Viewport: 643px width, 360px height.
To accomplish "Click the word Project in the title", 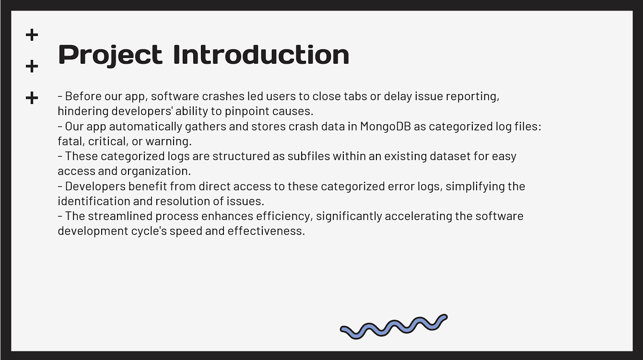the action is [110, 56].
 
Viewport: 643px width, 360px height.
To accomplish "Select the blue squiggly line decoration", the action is [394, 327].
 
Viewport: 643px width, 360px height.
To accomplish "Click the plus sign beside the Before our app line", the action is [32, 98].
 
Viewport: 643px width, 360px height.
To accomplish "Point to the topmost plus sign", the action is [32, 35].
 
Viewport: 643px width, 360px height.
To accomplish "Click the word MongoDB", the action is [386, 127].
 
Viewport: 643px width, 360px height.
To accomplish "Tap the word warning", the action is [168, 141].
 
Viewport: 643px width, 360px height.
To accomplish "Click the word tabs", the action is [355, 96].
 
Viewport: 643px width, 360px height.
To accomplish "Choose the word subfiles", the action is [309, 156].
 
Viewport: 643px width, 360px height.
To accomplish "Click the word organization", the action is [155, 172].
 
